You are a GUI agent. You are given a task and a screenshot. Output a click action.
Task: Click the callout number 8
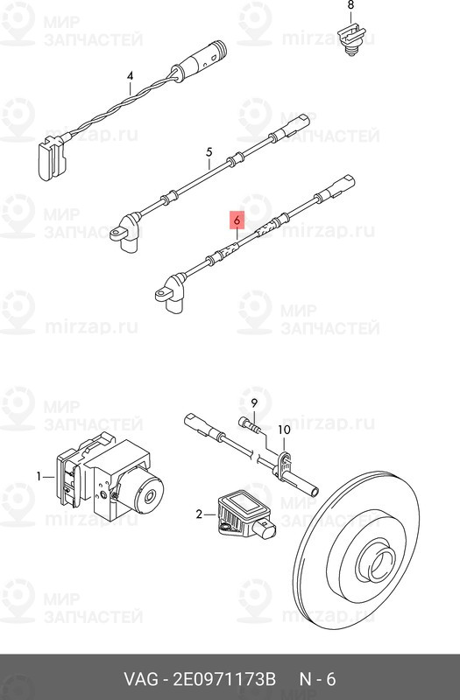[350, 5]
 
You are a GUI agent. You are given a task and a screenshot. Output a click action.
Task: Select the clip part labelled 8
[352, 40]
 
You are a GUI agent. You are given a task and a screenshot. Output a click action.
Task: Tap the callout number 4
[130, 76]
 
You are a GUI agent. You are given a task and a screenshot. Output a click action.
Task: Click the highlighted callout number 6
[237, 220]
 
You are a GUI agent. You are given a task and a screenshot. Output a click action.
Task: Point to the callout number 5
[209, 152]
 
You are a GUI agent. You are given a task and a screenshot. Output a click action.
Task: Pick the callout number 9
[254, 403]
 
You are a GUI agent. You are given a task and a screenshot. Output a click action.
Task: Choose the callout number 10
[284, 430]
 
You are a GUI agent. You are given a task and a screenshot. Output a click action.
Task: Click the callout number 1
[39, 477]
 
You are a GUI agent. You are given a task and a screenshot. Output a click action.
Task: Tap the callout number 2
[200, 514]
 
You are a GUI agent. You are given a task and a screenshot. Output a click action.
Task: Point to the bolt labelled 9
[249, 425]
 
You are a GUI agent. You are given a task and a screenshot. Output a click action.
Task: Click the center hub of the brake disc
[377, 564]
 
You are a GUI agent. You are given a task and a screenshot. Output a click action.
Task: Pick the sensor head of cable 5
[125, 232]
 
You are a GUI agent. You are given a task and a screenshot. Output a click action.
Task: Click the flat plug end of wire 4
[52, 157]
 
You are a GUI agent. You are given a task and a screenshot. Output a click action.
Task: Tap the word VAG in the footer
[141, 679]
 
